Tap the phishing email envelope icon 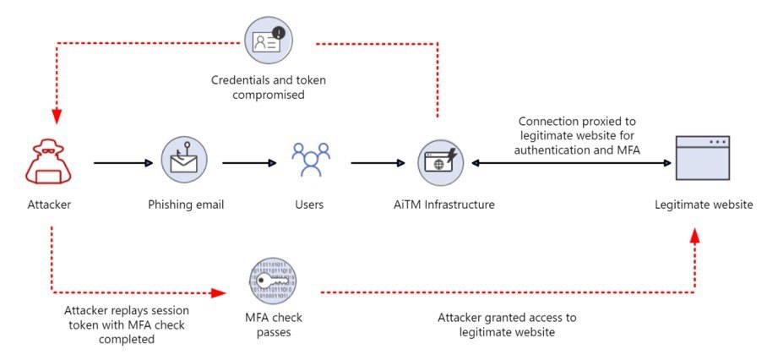coord(184,161)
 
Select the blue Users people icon coord(310,161)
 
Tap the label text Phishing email coord(183,205)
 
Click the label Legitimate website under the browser coord(703,205)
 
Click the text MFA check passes coord(272,325)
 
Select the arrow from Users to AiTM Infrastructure coord(378,161)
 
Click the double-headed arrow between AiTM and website coord(571,161)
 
